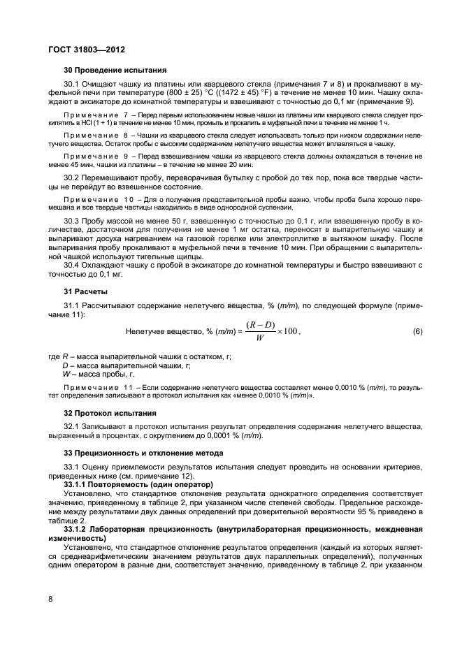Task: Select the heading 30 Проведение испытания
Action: click(x=115, y=70)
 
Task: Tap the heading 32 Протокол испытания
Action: click(x=110, y=413)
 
